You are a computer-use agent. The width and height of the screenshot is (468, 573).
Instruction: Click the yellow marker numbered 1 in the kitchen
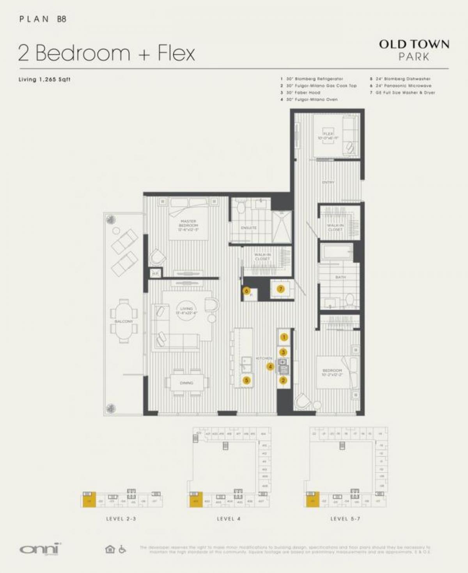pyautogui.click(x=284, y=338)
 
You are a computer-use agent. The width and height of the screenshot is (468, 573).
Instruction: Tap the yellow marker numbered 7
pyautogui.click(x=280, y=289)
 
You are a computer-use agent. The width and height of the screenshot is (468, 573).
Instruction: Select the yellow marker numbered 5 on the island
pyautogui.click(x=246, y=380)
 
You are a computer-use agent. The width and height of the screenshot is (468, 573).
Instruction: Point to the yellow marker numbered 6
pyautogui.click(x=246, y=291)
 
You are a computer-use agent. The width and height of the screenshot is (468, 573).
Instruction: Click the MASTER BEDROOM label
pyautogui.click(x=188, y=225)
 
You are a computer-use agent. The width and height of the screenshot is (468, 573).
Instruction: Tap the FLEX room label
pyautogui.click(x=328, y=136)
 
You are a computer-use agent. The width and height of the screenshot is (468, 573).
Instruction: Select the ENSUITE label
pyautogui.click(x=249, y=228)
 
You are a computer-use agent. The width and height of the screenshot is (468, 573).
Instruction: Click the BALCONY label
pyautogui.click(x=124, y=321)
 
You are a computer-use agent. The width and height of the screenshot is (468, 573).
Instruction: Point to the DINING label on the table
pyautogui.click(x=186, y=383)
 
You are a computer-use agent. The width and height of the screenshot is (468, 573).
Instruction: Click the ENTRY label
pyautogui.click(x=328, y=182)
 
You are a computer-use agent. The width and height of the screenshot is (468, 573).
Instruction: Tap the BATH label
pyautogui.click(x=340, y=277)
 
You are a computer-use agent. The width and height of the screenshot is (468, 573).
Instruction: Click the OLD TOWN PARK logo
pyautogui.click(x=414, y=50)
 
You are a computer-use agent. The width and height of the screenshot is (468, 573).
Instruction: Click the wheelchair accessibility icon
pyautogui.click(x=122, y=549)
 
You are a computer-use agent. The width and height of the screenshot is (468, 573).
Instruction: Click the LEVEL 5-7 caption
pyautogui.click(x=345, y=519)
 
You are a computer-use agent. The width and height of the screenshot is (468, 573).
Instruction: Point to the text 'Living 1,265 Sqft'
pyautogui.click(x=45, y=80)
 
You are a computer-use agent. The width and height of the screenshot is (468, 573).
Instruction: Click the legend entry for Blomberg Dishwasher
pyautogui.click(x=402, y=79)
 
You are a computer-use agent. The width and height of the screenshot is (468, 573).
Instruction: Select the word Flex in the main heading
pyautogui.click(x=176, y=53)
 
